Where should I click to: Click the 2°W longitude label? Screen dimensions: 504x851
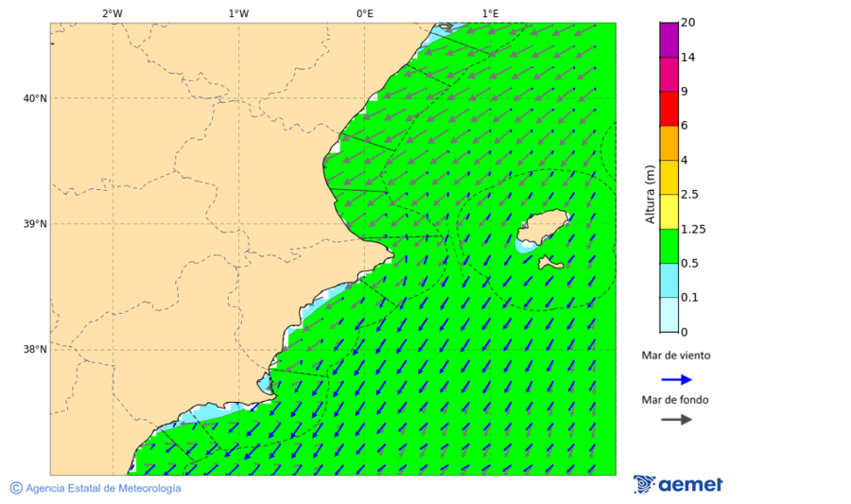(112, 13)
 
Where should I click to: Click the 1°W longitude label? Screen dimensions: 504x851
(238, 13)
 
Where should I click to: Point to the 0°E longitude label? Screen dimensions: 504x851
(364, 13)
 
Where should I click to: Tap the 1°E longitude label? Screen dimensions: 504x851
(490, 13)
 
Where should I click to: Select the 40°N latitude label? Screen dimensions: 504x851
(35, 98)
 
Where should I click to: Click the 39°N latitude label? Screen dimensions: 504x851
(35, 224)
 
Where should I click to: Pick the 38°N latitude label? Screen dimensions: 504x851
(35, 350)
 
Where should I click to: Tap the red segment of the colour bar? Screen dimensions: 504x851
(669, 108)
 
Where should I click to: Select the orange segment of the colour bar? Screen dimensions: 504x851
(669, 143)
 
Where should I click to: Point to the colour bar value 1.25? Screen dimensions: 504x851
(694, 229)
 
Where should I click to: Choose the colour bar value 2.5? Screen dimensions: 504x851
(689, 195)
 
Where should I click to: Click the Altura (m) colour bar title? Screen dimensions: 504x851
(650, 194)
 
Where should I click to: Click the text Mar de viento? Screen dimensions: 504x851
(675, 356)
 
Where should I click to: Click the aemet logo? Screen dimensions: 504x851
(678, 484)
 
